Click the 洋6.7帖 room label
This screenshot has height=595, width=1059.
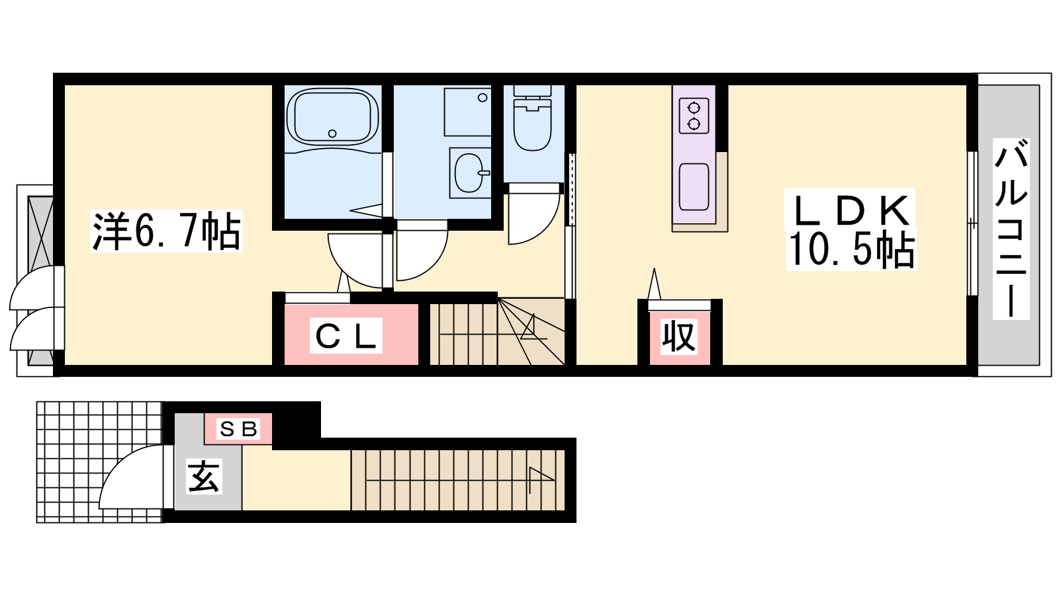pos(166,231)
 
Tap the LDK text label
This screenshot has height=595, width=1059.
pos(851,211)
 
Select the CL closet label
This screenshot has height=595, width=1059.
pos(346,337)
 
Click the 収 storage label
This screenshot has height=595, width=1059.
pos(679,337)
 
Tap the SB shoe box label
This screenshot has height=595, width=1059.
pos(238,429)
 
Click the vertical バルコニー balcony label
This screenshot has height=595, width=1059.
pos(1011,229)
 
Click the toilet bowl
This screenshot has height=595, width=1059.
pos(533,122)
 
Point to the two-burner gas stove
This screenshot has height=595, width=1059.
pos(694,116)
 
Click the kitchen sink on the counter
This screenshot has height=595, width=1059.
pos(694,187)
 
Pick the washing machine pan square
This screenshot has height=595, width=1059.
pos(467,112)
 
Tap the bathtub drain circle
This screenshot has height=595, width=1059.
pos(332,134)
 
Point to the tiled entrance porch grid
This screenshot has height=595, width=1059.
pos(99,462)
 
